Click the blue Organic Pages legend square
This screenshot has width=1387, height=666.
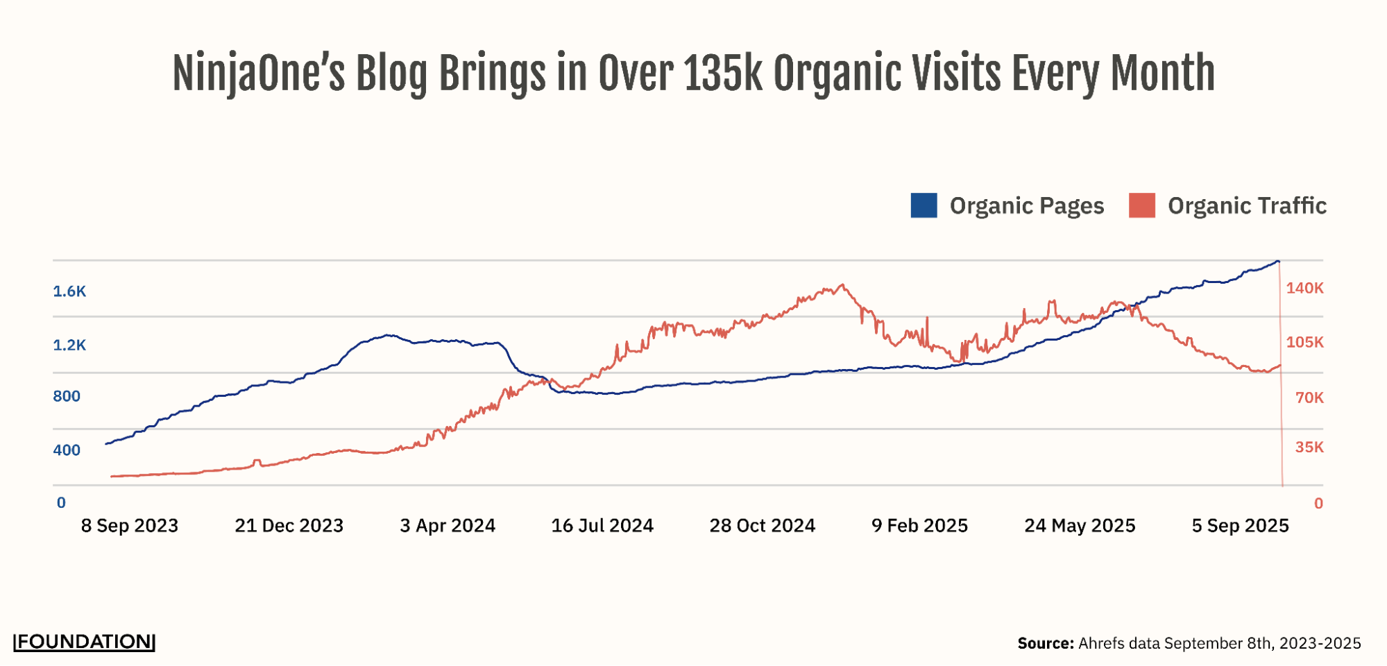tap(924, 205)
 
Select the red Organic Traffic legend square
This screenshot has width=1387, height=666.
tap(1142, 205)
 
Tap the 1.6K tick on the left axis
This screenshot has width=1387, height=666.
tap(69, 291)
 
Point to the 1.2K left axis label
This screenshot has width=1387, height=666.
tap(69, 345)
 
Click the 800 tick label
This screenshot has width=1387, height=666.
tap(67, 396)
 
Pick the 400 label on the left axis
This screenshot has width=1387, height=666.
tap(67, 450)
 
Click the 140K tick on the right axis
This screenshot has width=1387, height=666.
tap(1304, 288)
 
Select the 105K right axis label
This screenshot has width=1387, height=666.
tap(1304, 342)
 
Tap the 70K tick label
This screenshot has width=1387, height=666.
tap(1309, 398)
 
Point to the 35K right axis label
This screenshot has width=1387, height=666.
tap(1309, 447)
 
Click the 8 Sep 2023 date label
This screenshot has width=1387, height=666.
tap(130, 526)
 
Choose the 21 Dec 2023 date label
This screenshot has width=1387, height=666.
tap(289, 526)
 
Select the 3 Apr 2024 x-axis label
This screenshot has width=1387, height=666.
tap(448, 526)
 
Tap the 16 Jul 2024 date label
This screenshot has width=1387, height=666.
tap(602, 526)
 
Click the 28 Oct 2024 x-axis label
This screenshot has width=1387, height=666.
tap(762, 526)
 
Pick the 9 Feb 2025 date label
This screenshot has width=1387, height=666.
tap(919, 526)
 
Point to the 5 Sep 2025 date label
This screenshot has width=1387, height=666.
tap(1240, 526)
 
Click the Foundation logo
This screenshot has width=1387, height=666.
tap(84, 642)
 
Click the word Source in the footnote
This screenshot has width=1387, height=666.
tap(1046, 644)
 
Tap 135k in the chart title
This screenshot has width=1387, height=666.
tap(722, 74)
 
